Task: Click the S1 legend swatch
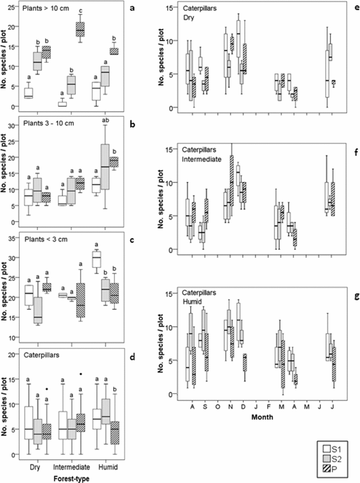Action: [327, 449]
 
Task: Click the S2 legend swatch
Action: [327, 458]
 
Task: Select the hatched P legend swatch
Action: [327, 468]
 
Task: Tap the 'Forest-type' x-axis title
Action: [71, 478]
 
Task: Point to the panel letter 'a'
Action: [132, 8]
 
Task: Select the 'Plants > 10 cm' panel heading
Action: [46, 8]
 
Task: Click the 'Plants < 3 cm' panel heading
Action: [46, 239]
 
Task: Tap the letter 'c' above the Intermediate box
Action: [81, 11]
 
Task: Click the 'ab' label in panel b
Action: [105, 120]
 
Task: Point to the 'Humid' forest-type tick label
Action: [108, 467]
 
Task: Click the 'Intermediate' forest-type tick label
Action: [71, 467]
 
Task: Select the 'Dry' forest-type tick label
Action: [35, 467]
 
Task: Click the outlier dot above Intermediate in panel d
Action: [81, 374]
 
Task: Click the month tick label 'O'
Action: [218, 406]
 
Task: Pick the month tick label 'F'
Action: [268, 406]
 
